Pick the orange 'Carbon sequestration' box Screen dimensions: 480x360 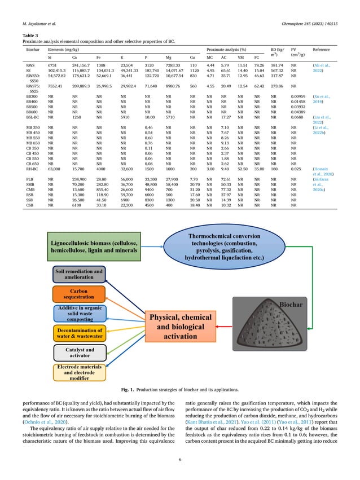(x=80, y=294)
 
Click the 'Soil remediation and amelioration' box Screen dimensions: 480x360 (x=80, y=275)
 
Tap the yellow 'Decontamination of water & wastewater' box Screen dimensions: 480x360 (x=80, y=333)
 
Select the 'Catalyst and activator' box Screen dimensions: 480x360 (x=80, y=353)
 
